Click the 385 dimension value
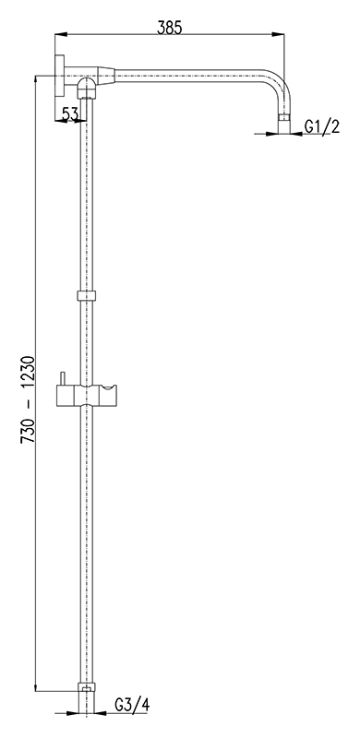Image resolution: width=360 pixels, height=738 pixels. coord(169,29)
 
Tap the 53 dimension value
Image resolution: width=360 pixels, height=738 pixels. coord(70,113)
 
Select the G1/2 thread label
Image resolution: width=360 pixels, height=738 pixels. coord(322,126)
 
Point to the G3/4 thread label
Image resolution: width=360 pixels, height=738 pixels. coord(132,705)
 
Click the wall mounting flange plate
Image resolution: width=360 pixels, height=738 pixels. coord(59,76)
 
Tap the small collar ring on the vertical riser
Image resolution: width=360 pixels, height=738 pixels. coord(86,296)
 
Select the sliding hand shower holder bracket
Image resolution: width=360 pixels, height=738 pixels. coord(87,396)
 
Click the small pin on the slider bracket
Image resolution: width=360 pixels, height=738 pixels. coord(61,378)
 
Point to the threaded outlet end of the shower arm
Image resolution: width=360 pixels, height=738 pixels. coord(283,125)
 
